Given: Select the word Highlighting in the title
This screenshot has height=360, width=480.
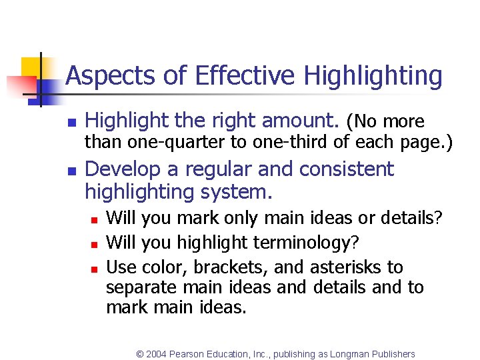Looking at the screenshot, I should pos(373,76).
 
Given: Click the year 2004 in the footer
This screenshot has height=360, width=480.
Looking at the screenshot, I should pos(157,354).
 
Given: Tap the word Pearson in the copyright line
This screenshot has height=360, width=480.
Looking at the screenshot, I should pos(189,354).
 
